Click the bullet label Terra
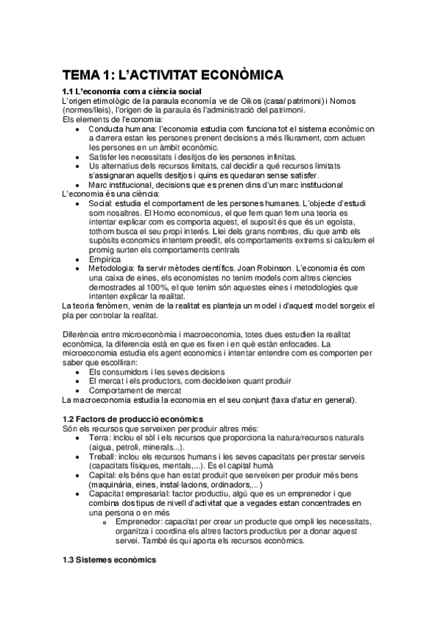pyautogui.click(x=99, y=437)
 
